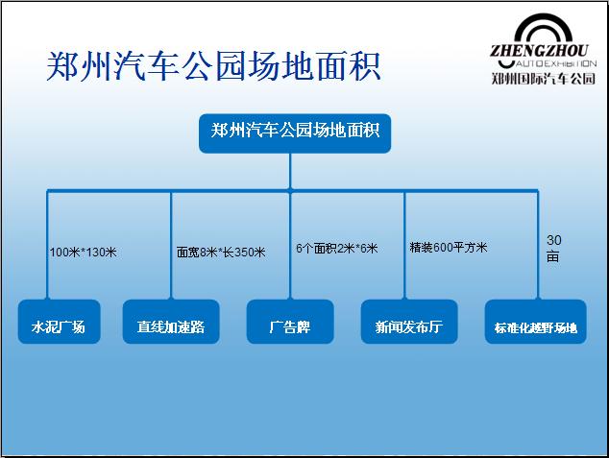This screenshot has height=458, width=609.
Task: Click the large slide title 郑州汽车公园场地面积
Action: [x=213, y=66]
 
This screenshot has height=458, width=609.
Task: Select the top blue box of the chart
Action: [x=295, y=133]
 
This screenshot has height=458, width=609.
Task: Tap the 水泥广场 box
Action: [x=59, y=322]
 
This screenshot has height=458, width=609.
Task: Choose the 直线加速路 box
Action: [x=171, y=322]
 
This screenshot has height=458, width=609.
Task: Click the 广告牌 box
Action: [x=290, y=322]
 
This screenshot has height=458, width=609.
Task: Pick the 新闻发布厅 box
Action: [x=409, y=322]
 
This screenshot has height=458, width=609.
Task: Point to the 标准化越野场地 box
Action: [x=536, y=322]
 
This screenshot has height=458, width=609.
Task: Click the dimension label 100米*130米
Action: [x=84, y=253]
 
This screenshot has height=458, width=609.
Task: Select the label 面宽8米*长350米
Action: [x=221, y=253]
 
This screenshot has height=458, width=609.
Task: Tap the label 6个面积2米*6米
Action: [x=337, y=248]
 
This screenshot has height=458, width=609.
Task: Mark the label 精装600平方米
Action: [x=449, y=247]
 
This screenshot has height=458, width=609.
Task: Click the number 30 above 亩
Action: [x=554, y=240]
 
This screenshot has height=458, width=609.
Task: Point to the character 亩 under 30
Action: [x=553, y=256]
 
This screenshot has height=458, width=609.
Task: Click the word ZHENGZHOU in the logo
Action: [x=539, y=51]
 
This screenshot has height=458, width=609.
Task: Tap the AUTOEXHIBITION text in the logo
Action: [x=556, y=63]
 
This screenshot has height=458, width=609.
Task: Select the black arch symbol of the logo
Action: [x=543, y=28]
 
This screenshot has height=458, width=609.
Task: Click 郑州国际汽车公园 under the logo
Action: [x=544, y=79]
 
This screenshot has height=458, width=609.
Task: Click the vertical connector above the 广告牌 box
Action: [x=290, y=245]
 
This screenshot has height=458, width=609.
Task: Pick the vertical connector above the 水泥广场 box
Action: [x=47, y=245]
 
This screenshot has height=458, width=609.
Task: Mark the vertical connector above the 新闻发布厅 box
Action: [x=404, y=245]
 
